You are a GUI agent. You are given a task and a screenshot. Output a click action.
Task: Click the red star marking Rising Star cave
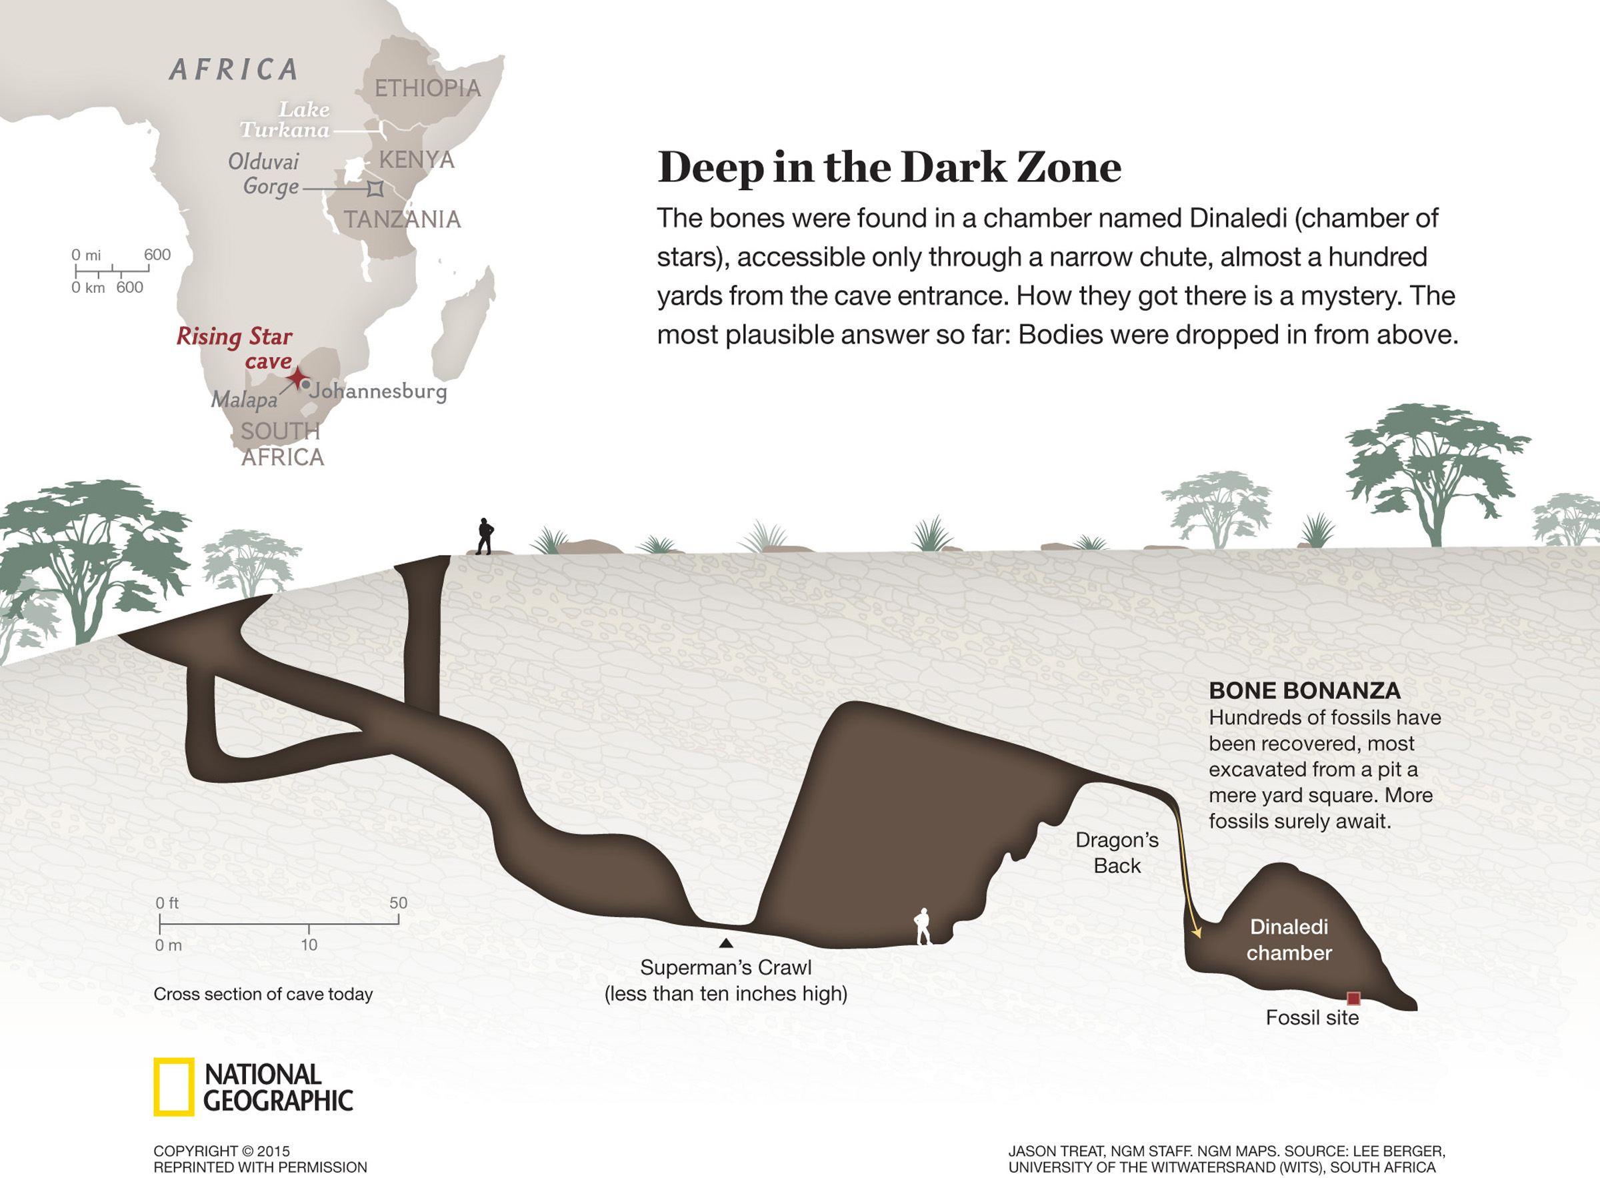click(x=297, y=378)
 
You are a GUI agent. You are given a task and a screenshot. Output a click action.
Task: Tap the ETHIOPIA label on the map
click(x=427, y=89)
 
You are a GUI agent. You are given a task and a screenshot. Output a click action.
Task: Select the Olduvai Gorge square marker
click(x=375, y=189)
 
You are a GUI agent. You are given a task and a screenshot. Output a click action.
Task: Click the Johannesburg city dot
click(x=306, y=385)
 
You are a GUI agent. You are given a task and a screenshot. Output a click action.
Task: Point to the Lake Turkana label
click(x=285, y=120)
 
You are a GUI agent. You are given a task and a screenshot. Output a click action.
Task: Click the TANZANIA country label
click(x=402, y=219)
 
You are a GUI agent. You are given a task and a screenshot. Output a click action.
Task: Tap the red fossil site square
click(x=1353, y=999)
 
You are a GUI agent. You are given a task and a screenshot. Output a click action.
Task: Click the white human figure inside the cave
click(x=923, y=927)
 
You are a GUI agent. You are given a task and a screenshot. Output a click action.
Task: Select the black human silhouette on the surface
click(x=485, y=536)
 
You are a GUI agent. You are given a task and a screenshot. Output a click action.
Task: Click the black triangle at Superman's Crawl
click(x=725, y=943)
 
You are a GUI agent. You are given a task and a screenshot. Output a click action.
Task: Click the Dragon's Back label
click(x=1117, y=853)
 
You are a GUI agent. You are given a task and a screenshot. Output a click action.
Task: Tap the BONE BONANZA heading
click(x=1304, y=690)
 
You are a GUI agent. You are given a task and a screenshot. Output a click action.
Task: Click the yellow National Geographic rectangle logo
click(x=173, y=1087)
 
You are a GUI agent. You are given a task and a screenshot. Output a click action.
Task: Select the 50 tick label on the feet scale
click(x=398, y=903)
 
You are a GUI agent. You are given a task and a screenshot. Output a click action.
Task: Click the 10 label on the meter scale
click(x=309, y=945)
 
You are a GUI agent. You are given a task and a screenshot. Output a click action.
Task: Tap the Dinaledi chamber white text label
click(x=1289, y=940)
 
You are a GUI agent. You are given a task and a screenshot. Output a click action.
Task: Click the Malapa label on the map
click(x=244, y=400)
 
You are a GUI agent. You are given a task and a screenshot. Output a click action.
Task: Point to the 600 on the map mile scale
click(x=157, y=255)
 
